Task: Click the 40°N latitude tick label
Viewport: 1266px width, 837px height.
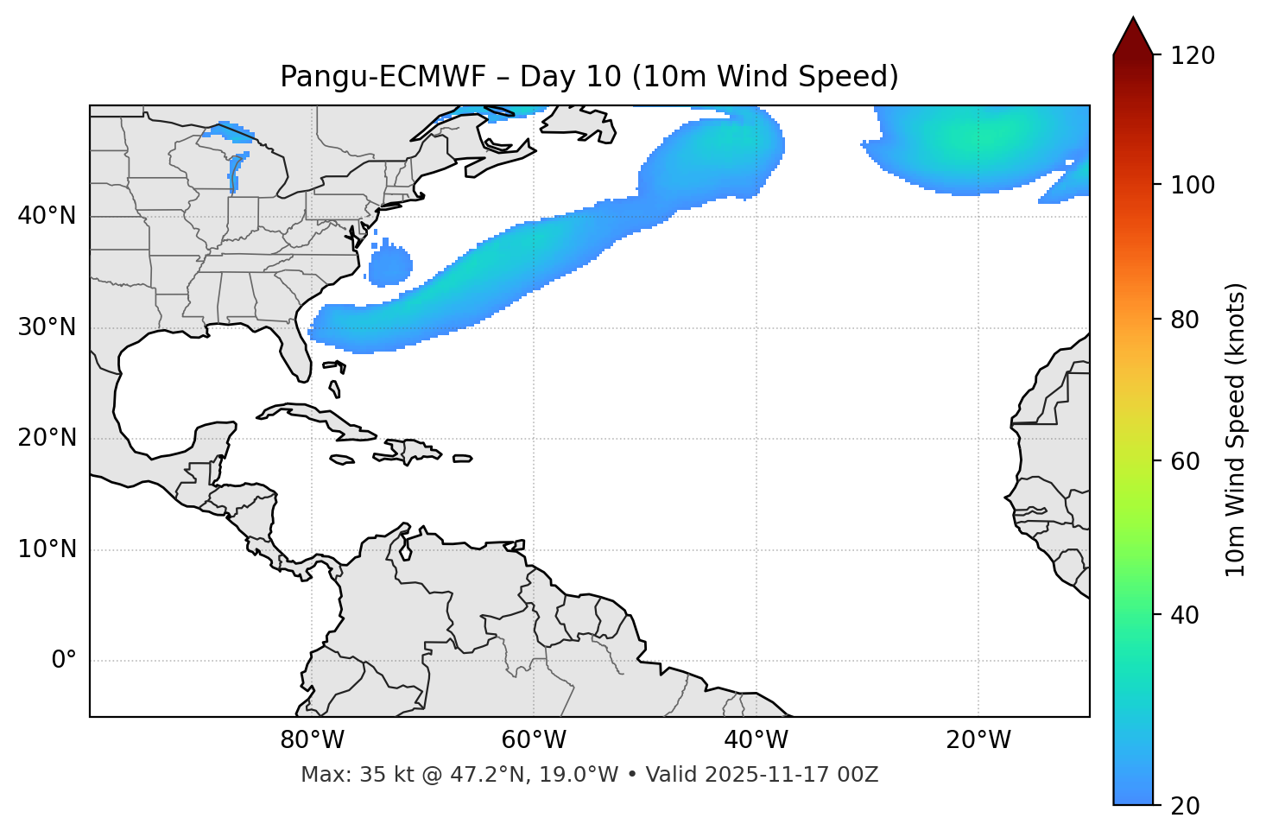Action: pos(47,216)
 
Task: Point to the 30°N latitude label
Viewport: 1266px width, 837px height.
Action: pos(47,327)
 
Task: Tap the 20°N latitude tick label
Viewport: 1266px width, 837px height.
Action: pos(47,438)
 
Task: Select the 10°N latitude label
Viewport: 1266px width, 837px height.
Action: pos(47,549)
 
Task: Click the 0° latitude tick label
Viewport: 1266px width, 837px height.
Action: pos(64,661)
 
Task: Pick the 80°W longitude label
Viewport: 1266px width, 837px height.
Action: pos(312,740)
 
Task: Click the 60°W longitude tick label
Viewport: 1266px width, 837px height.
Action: pos(534,740)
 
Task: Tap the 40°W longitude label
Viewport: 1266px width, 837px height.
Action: pos(756,740)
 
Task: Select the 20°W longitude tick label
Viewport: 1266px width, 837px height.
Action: pos(978,740)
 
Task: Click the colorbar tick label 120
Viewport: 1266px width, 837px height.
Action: pos(1193,56)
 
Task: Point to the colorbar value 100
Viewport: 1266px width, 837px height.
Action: pos(1193,185)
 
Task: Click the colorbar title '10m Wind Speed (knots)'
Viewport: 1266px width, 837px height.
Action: pos(1236,429)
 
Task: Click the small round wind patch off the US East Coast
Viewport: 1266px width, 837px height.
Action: pos(390,264)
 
